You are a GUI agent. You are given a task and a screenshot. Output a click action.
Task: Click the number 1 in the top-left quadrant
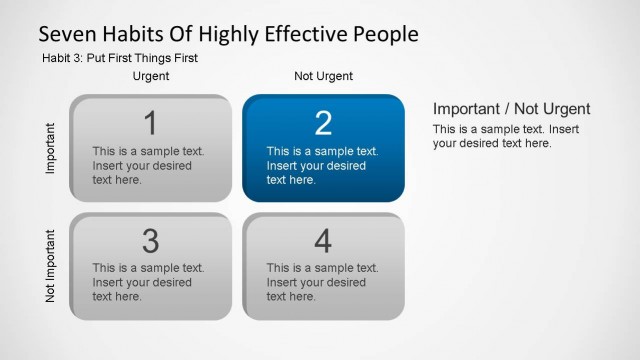151,123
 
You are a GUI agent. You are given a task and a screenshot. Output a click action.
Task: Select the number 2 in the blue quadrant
323,123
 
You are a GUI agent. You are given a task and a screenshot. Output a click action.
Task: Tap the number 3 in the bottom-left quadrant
151,241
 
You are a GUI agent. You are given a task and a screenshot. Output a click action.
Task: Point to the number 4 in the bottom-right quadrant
323,241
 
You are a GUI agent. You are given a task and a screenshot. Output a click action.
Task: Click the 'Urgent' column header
151,76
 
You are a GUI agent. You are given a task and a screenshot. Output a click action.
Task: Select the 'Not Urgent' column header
323,76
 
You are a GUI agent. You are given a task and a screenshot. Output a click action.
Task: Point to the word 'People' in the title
384,34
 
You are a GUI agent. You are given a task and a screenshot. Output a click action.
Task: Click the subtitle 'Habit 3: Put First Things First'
120,58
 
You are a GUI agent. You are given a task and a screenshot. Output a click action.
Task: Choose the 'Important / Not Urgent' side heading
511,109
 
